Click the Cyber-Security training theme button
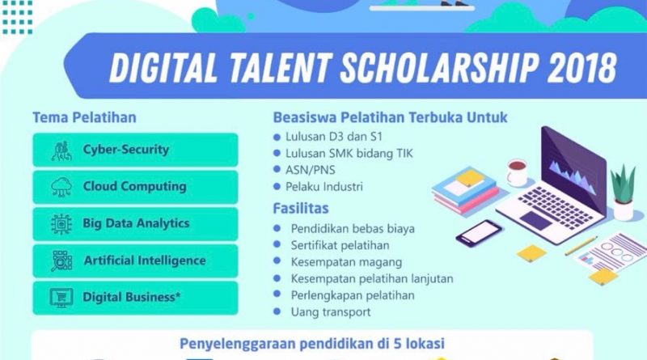click(x=135, y=150)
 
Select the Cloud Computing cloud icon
click(x=61, y=187)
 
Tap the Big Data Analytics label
click(x=136, y=223)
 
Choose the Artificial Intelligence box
click(x=135, y=261)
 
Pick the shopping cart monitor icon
click(x=61, y=298)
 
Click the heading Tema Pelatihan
click(x=85, y=117)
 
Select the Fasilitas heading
click(x=301, y=209)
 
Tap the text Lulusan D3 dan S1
click(x=334, y=137)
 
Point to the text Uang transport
click(x=331, y=311)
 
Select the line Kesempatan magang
click(x=346, y=262)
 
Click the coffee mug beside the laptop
click(x=517, y=172)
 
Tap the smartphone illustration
click(x=479, y=233)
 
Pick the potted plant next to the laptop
click(x=623, y=192)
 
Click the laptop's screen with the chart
click(x=573, y=170)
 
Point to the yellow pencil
click(x=581, y=246)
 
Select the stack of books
click(x=466, y=191)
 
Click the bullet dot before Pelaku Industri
click(x=277, y=187)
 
